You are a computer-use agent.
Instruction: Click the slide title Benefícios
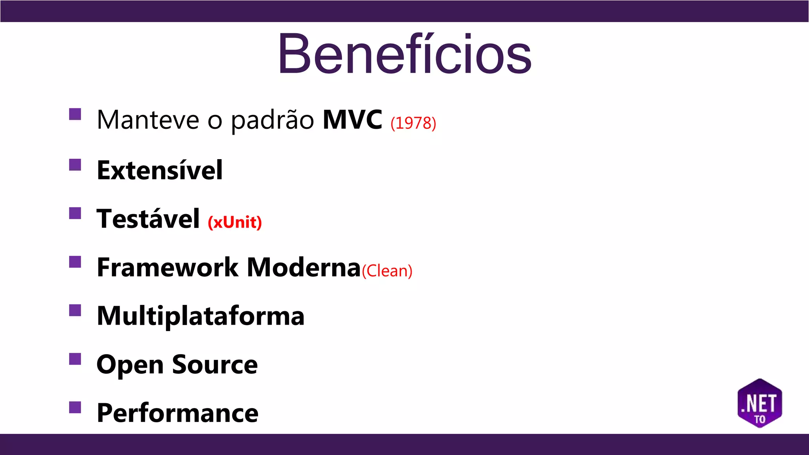point(404,54)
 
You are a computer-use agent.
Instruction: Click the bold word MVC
point(352,119)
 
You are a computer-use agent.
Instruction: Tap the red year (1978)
point(413,123)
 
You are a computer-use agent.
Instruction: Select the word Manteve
point(148,120)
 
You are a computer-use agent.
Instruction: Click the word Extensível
point(160,170)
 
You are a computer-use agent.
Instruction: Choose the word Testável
point(148,218)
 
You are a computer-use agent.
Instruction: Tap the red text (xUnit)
point(235,222)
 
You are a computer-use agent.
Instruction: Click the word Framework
point(167,267)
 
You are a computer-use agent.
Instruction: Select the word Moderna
point(304,267)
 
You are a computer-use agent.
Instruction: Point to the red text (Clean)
point(387,271)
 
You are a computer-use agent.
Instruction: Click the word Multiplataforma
point(201,316)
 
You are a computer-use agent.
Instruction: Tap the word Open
point(130,365)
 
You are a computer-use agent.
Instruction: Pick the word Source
point(214,364)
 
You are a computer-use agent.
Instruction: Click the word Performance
point(177,413)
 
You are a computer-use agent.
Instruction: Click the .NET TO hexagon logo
point(760,403)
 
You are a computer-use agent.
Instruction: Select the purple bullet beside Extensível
point(75,165)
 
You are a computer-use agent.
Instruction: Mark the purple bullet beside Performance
point(75,407)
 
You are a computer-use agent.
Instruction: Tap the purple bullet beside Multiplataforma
point(75,310)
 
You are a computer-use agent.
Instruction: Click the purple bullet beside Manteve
point(75,114)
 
